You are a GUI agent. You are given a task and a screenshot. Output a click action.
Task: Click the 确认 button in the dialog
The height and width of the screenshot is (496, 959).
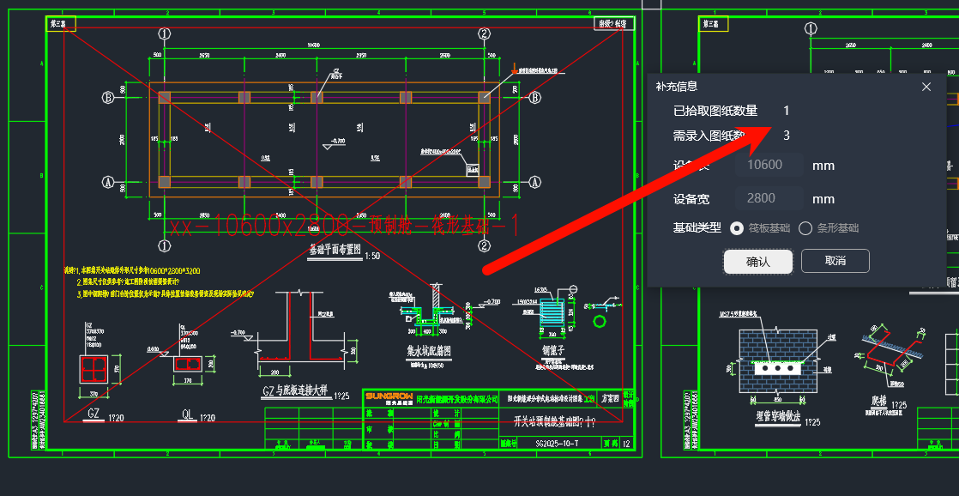(x=757, y=261)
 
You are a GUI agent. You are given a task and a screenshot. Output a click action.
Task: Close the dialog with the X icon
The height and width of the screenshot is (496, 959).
(x=926, y=87)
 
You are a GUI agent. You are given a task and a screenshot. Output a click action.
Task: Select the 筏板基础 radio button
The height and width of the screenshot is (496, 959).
(x=736, y=228)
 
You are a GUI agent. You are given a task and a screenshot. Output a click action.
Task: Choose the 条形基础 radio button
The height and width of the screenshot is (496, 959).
(x=805, y=228)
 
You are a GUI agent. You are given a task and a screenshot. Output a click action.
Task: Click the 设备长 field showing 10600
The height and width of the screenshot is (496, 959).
(x=769, y=165)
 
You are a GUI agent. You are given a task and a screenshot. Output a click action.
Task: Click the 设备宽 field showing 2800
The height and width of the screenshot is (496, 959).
(x=769, y=198)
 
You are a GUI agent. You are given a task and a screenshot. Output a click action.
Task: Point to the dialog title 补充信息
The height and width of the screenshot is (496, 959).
(x=677, y=86)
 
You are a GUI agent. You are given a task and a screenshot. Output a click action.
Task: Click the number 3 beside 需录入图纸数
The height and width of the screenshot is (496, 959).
(x=787, y=136)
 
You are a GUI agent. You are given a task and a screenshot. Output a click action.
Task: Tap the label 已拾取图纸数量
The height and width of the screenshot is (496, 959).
(x=715, y=111)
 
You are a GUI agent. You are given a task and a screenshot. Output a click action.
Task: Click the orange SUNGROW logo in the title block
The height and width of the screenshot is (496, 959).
(x=389, y=396)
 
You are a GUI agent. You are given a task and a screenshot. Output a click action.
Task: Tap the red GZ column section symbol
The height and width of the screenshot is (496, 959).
(x=95, y=370)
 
